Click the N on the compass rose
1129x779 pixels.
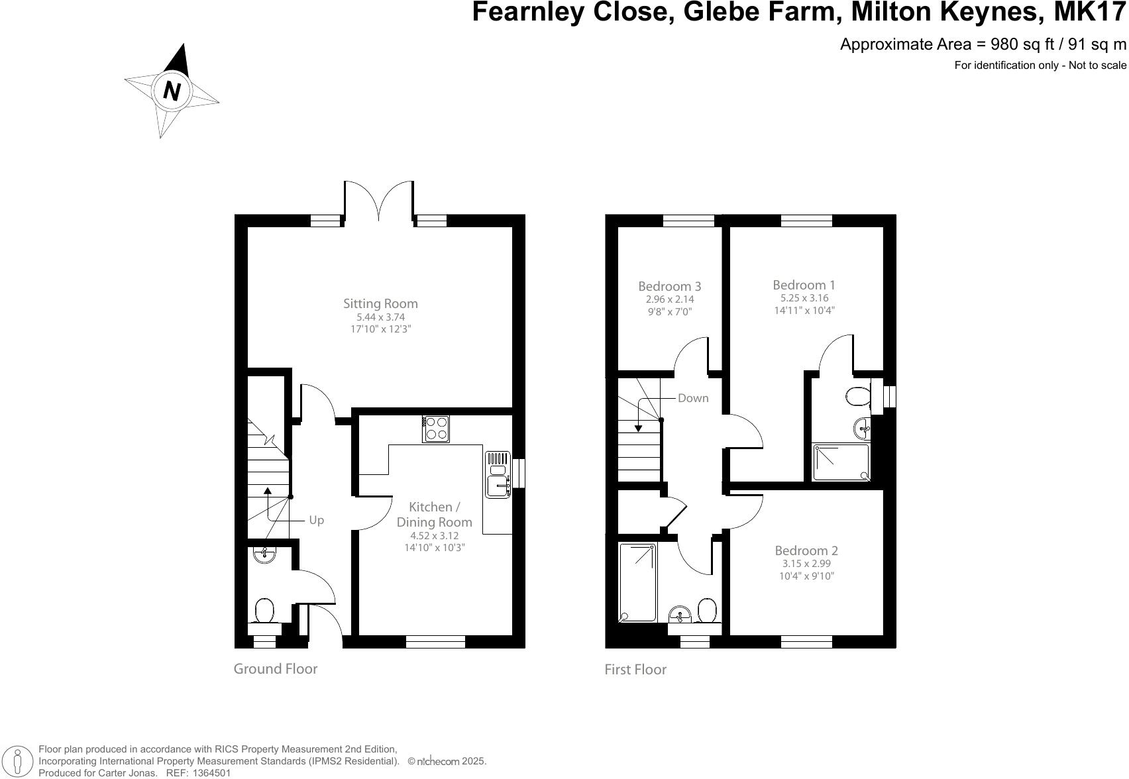point(172,91)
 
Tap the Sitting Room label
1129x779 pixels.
point(380,304)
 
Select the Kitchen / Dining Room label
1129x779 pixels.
point(434,515)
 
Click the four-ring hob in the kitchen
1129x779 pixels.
point(436,429)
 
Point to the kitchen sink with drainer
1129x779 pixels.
point(498,475)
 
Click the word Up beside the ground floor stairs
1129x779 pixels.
point(317,520)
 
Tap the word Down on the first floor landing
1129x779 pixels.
point(693,398)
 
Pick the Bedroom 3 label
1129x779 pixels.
point(669,287)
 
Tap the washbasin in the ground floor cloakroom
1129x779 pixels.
point(264,555)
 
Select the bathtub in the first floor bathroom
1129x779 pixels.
point(638,582)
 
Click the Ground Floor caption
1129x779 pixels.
point(275,669)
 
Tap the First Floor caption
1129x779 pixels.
point(635,670)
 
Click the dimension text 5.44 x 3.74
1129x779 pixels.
point(380,317)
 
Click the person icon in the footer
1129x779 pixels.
point(18,761)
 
